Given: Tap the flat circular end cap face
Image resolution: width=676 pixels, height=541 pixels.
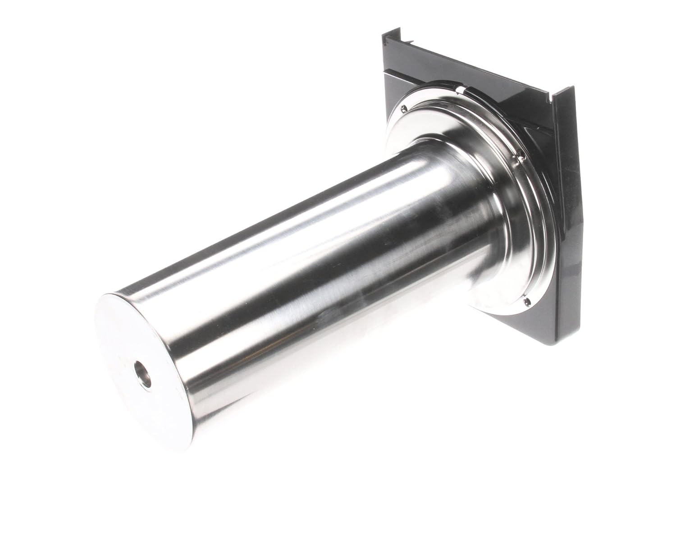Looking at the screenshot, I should point(135,352).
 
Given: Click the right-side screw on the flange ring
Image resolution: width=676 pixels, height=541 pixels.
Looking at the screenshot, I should point(521,157).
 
